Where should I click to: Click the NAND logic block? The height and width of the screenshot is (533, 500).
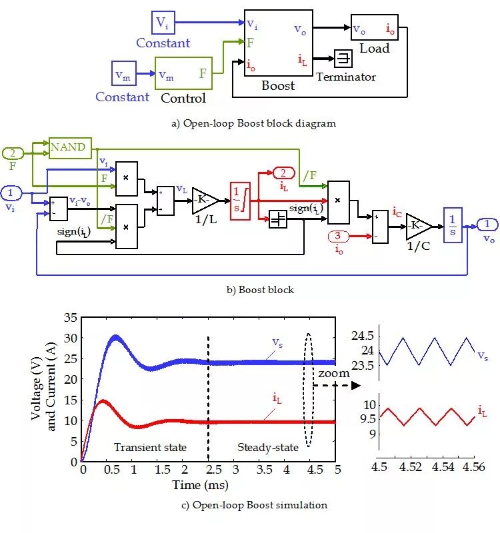[x=70, y=147]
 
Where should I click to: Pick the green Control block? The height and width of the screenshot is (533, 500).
[x=184, y=73]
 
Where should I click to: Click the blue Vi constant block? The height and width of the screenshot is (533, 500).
[x=163, y=23]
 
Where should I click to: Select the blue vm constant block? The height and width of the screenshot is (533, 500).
[x=123, y=75]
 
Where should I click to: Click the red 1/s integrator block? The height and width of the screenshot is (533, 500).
[x=239, y=200]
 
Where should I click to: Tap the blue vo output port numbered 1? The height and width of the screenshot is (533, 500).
[x=487, y=224]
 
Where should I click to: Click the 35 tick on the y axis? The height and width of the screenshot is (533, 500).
[x=70, y=318]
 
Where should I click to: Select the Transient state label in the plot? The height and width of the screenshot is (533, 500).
[x=150, y=447]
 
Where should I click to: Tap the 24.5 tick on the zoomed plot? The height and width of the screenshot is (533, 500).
[x=365, y=336]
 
